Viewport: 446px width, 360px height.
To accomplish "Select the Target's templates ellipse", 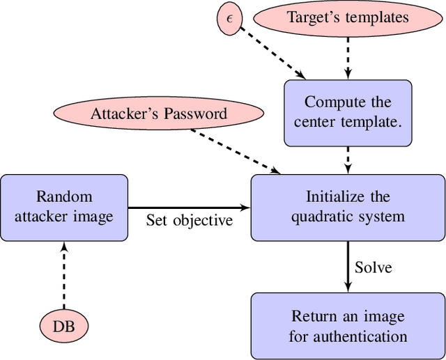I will click(x=348, y=17).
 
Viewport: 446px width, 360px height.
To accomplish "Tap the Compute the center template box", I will click(x=348, y=112).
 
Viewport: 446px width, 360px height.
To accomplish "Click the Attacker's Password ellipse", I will click(x=159, y=114).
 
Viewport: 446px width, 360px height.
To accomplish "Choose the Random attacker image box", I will click(x=64, y=207).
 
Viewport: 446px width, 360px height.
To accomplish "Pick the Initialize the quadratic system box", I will click(x=348, y=207).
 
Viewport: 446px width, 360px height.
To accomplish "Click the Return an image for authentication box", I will click(x=348, y=326).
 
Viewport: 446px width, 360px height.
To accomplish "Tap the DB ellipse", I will click(x=64, y=325).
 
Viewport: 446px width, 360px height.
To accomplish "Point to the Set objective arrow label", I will click(x=189, y=221).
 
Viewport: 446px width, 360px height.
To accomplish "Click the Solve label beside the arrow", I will click(x=374, y=267).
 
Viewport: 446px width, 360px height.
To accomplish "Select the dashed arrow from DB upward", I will click(x=64, y=275).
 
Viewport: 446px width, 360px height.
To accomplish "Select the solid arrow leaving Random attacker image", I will click(x=189, y=208).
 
